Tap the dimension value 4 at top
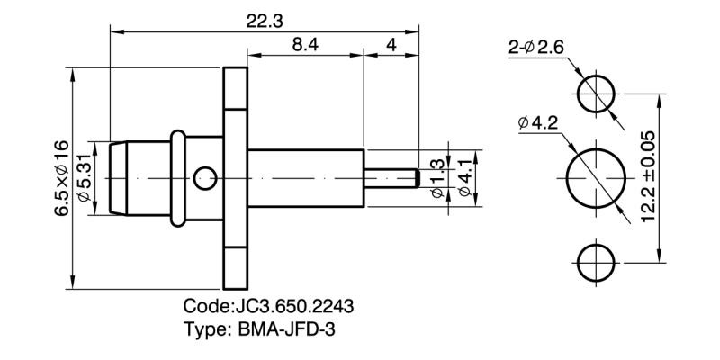[391, 44]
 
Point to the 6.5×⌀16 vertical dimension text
[59, 176]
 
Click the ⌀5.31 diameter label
[85, 176]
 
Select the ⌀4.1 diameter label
[465, 176]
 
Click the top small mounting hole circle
[596, 92]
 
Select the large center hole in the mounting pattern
[596, 176]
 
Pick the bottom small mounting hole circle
[596, 262]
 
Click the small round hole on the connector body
[207, 176]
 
